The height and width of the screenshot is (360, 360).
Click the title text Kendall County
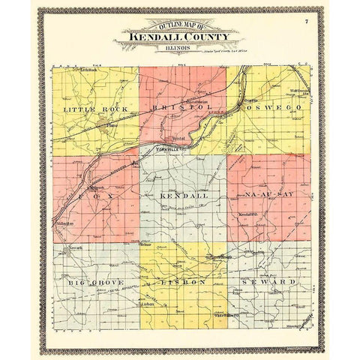point(177,36)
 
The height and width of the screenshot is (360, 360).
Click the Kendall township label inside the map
point(181,195)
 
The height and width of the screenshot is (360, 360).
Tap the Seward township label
point(268,282)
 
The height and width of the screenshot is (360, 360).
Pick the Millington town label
point(63,223)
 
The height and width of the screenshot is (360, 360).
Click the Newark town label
point(71,247)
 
